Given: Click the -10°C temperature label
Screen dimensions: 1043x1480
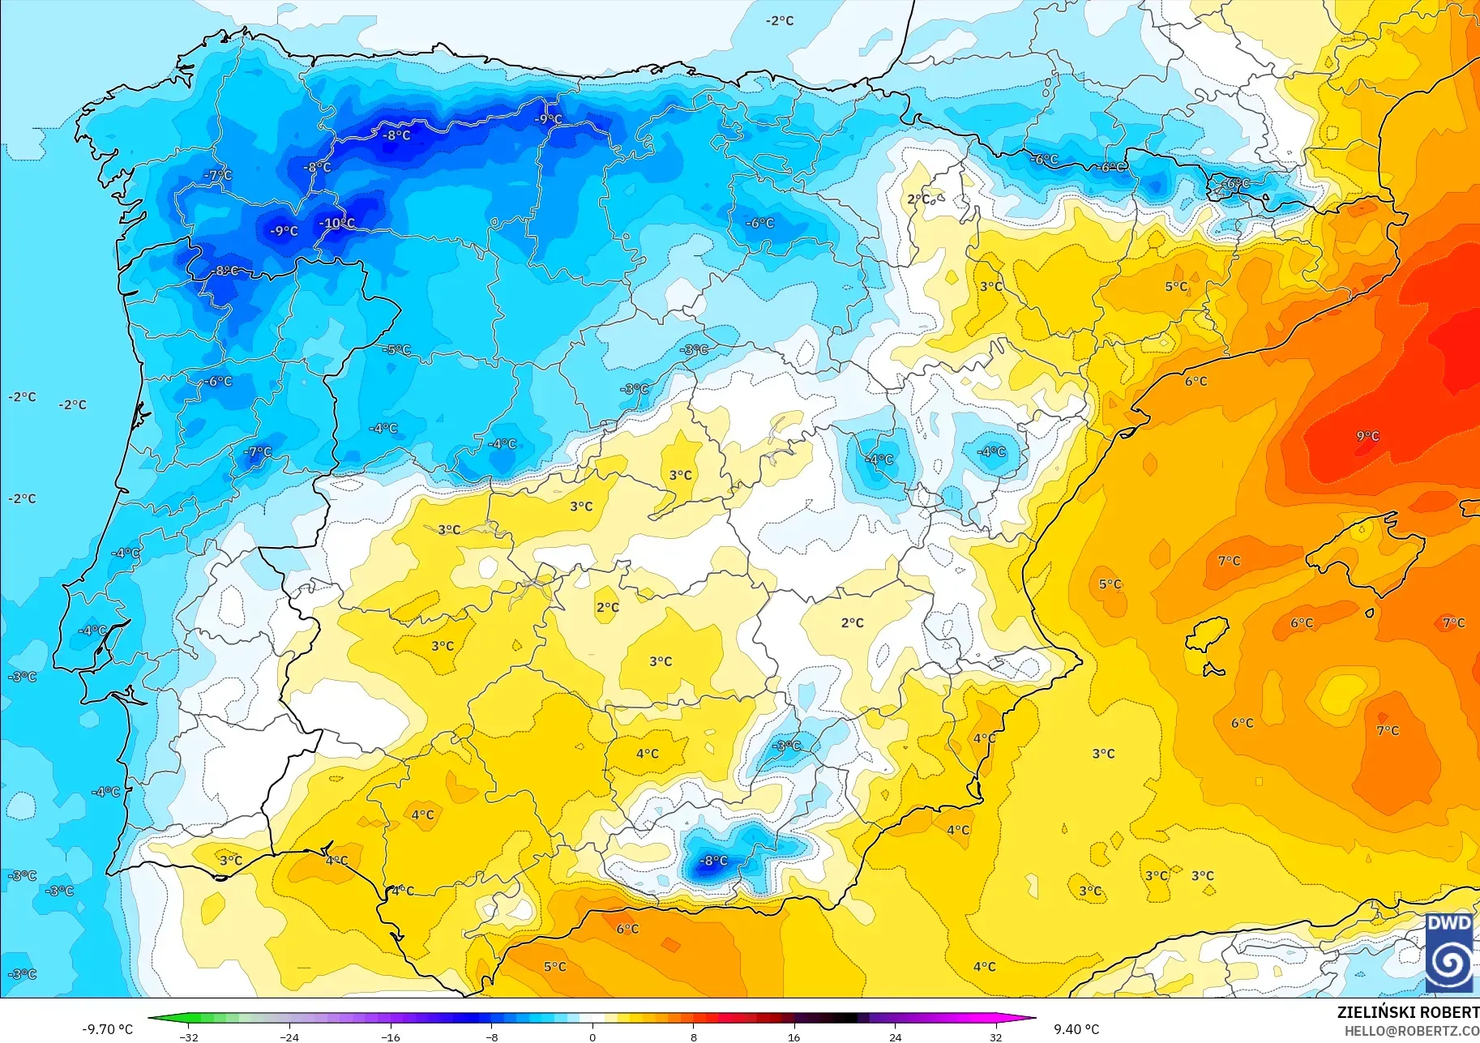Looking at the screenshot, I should coord(336,223).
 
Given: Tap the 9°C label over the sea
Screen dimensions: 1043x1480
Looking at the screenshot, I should coord(1367,436).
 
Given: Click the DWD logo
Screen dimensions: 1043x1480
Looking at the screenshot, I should coord(1450,953).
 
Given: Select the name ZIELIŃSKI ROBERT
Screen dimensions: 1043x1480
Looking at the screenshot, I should coord(1408,1013).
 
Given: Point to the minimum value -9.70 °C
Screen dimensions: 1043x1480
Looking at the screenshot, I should coord(107,1029).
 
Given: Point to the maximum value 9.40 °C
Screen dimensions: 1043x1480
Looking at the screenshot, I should coord(1076,1029).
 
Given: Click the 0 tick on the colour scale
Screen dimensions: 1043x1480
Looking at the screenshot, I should coord(592,1037).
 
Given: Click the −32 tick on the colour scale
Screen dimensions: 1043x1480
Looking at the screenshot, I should coord(189,1037).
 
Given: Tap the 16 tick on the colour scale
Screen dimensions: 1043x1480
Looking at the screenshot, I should coord(793,1037).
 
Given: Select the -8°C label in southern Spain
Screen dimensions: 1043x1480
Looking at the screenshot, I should coord(713,861).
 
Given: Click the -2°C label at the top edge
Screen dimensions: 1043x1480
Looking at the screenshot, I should coord(780,21).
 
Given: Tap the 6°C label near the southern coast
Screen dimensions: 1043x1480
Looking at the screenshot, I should coord(627,929).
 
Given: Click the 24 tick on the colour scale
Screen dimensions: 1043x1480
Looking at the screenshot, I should coord(895,1037).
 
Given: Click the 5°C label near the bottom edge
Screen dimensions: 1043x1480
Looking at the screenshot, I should coord(554,967).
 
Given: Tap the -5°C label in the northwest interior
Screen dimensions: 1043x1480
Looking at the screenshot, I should coord(397,350).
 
